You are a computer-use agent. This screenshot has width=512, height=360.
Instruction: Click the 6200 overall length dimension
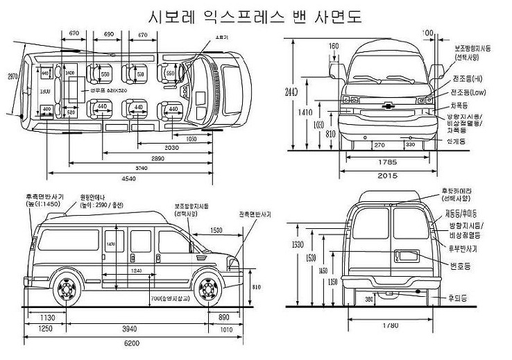pyautogui.click(x=133, y=342)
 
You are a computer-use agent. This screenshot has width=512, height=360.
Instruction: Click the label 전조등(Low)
pyautogui.click(x=468, y=92)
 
